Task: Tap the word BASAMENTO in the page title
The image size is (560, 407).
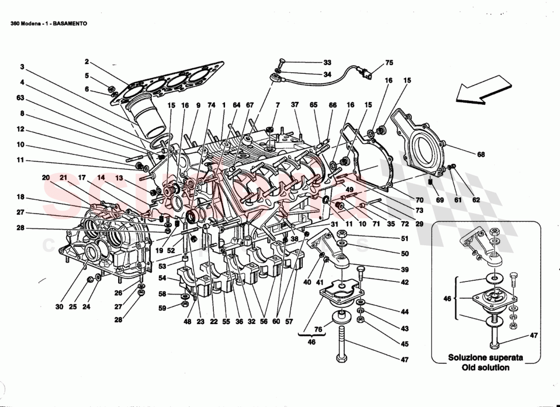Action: click(x=69, y=23)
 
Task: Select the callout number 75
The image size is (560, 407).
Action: click(x=389, y=63)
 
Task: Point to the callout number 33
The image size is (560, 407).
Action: click(x=327, y=63)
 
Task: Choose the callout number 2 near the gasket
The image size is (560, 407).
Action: click(x=87, y=62)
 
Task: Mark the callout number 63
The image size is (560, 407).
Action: click(x=20, y=97)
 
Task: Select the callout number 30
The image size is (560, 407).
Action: click(x=59, y=307)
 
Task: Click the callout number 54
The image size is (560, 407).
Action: click(x=162, y=278)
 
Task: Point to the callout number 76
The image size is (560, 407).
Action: click(x=319, y=330)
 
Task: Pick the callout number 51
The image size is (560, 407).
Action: click(x=405, y=238)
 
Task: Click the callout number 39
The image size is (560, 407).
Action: click(x=405, y=270)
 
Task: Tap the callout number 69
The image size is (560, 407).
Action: click(x=439, y=200)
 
